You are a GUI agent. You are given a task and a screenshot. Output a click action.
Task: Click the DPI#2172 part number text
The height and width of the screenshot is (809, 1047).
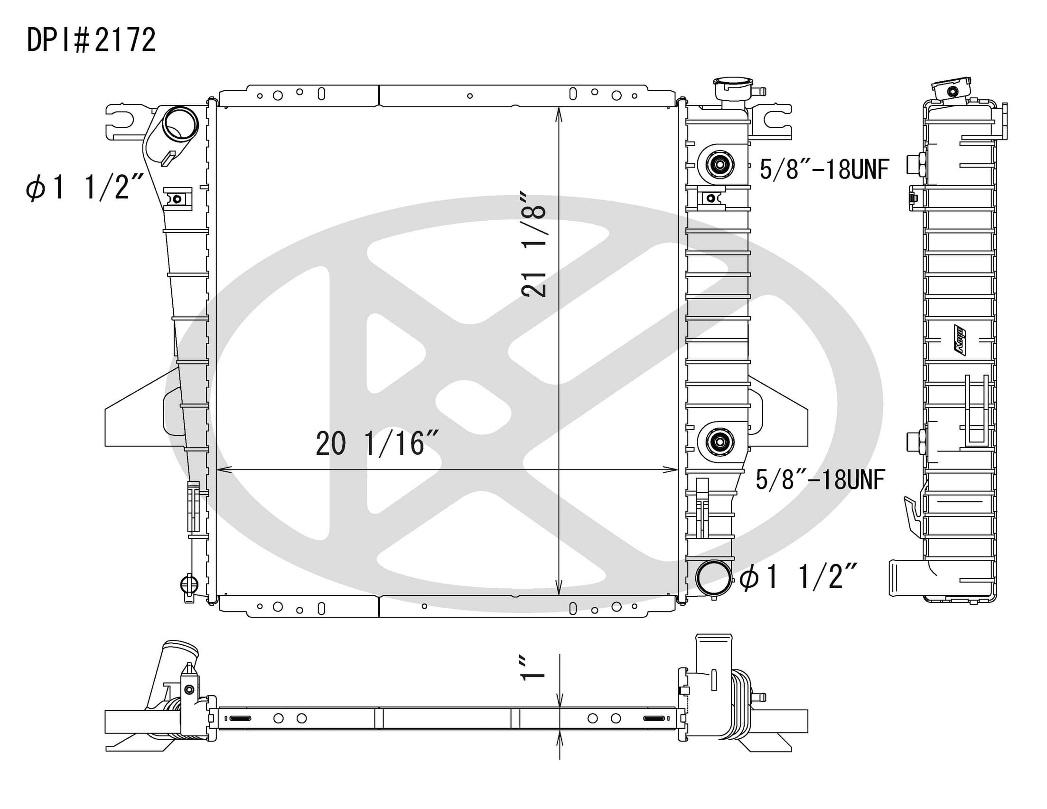[x=91, y=40]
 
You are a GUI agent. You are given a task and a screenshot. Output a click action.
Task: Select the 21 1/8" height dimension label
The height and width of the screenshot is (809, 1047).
[x=534, y=245]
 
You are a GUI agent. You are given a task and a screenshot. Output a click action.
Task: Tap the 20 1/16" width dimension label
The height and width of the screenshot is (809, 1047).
[x=377, y=443]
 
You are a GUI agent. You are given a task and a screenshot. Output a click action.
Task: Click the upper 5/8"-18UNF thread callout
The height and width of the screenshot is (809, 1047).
[x=824, y=169]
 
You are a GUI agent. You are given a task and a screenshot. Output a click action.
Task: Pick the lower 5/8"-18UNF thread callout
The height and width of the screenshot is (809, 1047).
[x=820, y=479]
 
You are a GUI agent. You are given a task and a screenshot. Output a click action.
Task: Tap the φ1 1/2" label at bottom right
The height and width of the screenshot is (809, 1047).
[x=798, y=576]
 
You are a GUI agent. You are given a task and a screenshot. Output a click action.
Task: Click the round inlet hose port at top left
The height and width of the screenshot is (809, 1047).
[x=180, y=124]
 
